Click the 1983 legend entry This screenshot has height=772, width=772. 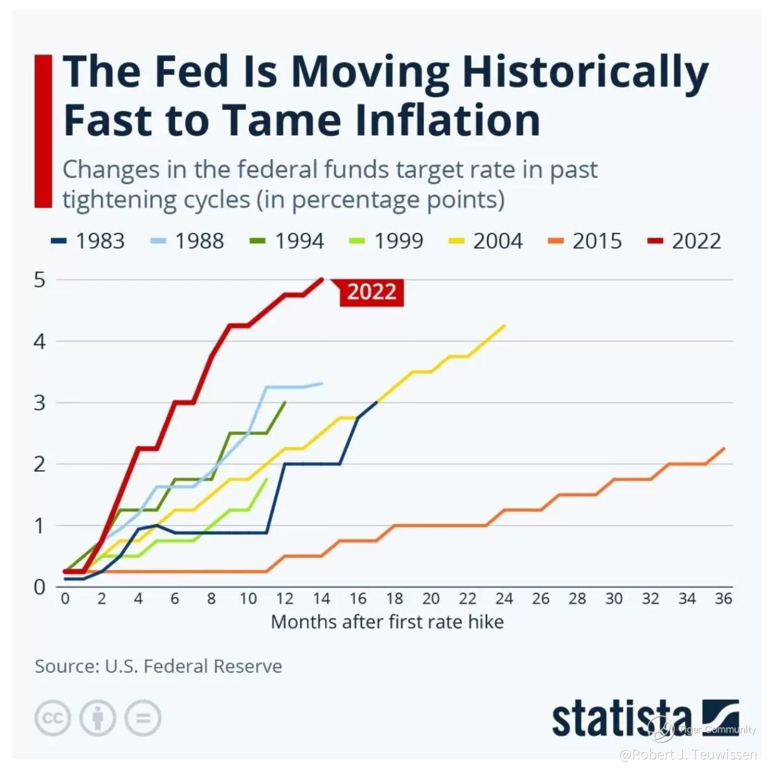pyautogui.click(x=89, y=241)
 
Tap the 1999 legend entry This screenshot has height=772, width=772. pyautogui.click(x=387, y=241)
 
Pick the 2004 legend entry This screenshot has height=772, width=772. pyautogui.click(x=486, y=241)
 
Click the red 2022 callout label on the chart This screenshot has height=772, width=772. pyautogui.click(x=371, y=292)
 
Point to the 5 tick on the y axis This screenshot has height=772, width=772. pyautogui.click(x=40, y=280)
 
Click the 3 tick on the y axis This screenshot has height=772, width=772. pyautogui.click(x=40, y=403)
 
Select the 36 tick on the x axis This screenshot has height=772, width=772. pyautogui.click(x=724, y=599)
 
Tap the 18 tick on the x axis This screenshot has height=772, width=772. pyautogui.click(x=394, y=599)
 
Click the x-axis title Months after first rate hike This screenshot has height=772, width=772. pyautogui.click(x=387, y=622)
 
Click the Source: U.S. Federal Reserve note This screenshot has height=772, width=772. pyautogui.click(x=158, y=666)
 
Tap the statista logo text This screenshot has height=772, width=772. pyautogui.click(x=622, y=720)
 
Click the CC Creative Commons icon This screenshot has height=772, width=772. pyautogui.click(x=52, y=718)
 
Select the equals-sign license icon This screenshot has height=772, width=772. pyautogui.click(x=142, y=718)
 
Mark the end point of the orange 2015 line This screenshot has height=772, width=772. pyautogui.click(x=724, y=449)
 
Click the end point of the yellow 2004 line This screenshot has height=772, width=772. pyautogui.click(x=505, y=326)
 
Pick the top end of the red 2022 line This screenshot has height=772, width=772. pyautogui.click(x=322, y=279)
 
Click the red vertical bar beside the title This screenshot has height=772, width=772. pyautogui.click(x=43, y=131)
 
